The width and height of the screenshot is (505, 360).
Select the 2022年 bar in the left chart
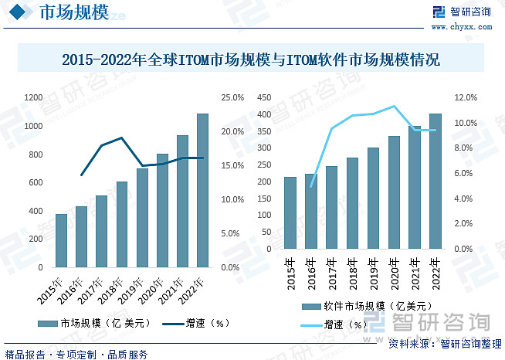click(x=202, y=190)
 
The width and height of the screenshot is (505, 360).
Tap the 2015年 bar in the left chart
click(x=61, y=240)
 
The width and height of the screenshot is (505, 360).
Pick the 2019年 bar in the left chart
click(x=142, y=218)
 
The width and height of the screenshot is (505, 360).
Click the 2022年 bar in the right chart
click(x=435, y=182)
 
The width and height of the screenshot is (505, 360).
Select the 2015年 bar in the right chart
click(x=290, y=213)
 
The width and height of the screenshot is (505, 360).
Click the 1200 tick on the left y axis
click(x=33, y=97)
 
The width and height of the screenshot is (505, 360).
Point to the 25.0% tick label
click(x=232, y=97)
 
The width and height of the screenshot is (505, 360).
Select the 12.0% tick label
click(x=468, y=97)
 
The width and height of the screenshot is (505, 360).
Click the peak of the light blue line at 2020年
click(x=394, y=106)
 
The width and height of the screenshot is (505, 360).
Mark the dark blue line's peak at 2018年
click(x=122, y=138)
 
